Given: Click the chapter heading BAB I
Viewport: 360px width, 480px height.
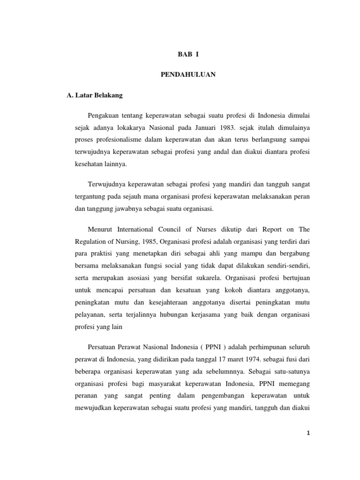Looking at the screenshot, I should click(188, 54).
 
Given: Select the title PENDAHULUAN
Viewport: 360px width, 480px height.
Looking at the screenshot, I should click(188, 75).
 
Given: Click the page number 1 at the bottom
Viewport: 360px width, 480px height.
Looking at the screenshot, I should click(308, 434).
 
